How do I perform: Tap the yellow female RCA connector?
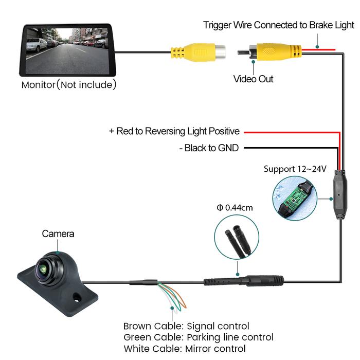coord(198,51)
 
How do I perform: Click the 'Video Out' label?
coord(254,79)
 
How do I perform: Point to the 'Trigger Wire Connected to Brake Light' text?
coord(279,25)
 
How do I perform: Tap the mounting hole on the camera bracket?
coord(77,297)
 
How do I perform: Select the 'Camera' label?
coord(58,234)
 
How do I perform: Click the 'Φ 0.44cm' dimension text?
coord(235,208)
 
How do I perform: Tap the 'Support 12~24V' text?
coord(295,169)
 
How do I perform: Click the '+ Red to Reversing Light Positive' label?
coord(174,132)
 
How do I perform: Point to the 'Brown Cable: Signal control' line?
coord(186,326)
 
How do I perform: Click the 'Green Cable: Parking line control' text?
coord(198,337)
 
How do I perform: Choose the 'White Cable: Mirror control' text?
coord(185,349)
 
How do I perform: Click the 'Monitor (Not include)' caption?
coord(69,84)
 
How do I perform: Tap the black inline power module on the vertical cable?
coord(339,196)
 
